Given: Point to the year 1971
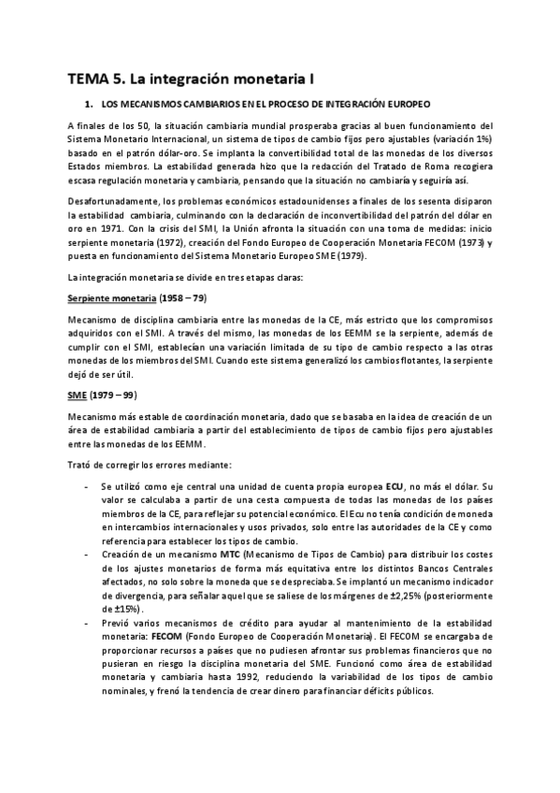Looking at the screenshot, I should point(109,228).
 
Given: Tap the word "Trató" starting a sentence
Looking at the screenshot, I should point(81,465).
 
